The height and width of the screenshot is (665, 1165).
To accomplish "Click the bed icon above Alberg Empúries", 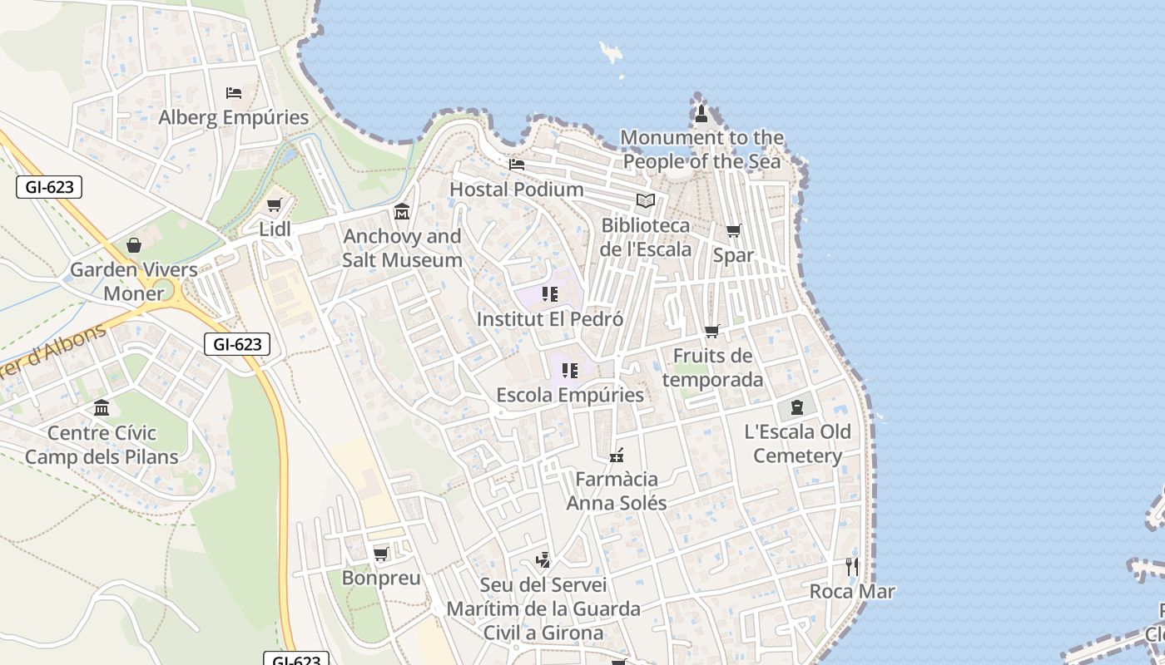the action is [234, 92].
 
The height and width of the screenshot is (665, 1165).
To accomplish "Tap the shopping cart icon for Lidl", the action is [274, 204].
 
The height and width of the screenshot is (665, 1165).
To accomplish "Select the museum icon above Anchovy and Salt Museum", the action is [402, 212].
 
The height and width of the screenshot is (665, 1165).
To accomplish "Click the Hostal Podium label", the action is [516, 190].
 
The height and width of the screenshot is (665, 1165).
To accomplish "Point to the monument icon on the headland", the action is [701, 113].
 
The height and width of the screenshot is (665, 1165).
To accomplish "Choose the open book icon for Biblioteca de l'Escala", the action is [645, 200].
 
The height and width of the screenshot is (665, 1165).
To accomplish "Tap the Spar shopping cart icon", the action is [733, 231].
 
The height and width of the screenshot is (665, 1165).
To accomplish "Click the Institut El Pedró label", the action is [549, 319].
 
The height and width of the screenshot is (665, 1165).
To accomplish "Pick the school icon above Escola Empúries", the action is [569, 371].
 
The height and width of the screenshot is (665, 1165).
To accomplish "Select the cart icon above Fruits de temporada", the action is [711, 332].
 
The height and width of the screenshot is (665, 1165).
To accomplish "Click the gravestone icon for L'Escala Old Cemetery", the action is [797, 407].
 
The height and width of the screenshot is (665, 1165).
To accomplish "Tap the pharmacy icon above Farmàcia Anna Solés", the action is [616, 456].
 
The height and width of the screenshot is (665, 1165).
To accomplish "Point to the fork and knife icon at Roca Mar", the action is [851, 567].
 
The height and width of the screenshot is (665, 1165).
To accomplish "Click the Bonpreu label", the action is [381, 578].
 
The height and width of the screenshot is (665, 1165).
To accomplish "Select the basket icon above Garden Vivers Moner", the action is [133, 245].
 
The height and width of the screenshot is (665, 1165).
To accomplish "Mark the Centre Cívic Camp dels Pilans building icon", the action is [102, 408].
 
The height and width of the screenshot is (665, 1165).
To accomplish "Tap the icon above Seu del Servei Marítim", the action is [543, 560].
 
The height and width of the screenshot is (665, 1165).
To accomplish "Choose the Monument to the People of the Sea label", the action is [701, 150].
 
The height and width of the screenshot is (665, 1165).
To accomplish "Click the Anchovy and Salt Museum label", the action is [402, 248].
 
